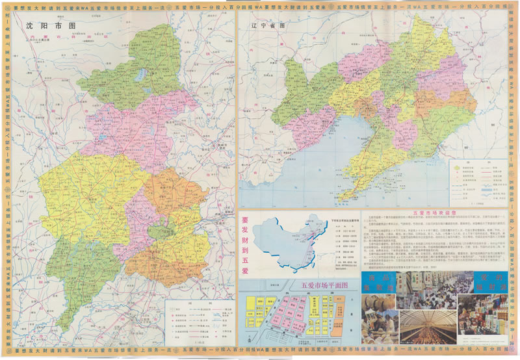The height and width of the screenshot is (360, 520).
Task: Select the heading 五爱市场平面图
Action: coord(325,285)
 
